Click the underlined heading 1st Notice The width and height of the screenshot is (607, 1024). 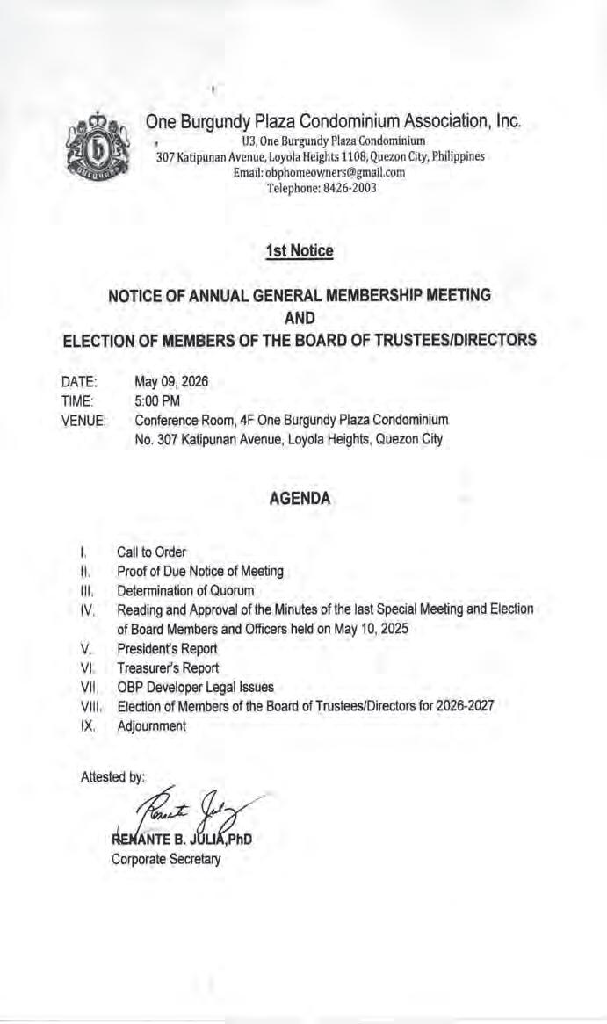[300, 252]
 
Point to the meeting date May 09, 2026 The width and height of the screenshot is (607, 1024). [172, 382]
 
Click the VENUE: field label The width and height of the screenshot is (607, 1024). [83, 421]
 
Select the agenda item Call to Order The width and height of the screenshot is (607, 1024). [151, 552]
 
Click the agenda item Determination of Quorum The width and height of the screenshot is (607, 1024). [185, 590]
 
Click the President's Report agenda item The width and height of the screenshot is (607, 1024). [167, 649]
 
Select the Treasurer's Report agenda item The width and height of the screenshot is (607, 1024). [168, 668]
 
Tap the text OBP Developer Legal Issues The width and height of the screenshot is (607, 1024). [195, 688]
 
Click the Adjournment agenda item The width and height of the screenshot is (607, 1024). [151, 726]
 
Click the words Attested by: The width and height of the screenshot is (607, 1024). [112, 777]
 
